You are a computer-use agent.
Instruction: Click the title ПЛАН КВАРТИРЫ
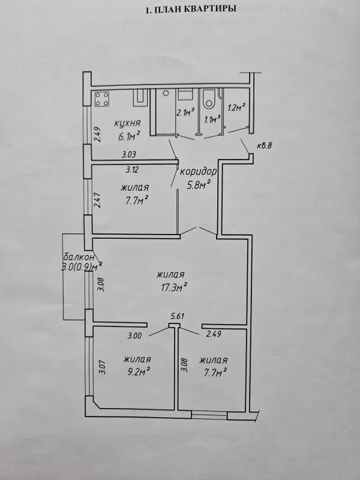pos(190,9)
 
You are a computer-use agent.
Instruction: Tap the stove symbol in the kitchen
pos(102,99)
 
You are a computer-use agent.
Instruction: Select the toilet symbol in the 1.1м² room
pos(209,100)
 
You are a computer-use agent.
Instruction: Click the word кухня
pos(127,124)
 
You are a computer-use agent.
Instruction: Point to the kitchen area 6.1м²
pos(129,136)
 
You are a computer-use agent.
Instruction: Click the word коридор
pos(198,172)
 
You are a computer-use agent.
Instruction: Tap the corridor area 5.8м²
pos(199,184)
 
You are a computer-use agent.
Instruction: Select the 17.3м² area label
pos(174,287)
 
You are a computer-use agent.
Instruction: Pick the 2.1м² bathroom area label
pos(185,112)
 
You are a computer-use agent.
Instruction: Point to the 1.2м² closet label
pos(236,108)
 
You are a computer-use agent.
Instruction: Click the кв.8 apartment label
pos(264,146)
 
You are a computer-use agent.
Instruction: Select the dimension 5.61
pos(177,316)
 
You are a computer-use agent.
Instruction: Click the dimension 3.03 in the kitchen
pos(128,155)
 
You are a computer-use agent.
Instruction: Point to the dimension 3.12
pos(131,169)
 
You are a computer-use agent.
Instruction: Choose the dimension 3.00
pos(134,335)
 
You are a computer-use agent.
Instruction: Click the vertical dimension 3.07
pos(103,367)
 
